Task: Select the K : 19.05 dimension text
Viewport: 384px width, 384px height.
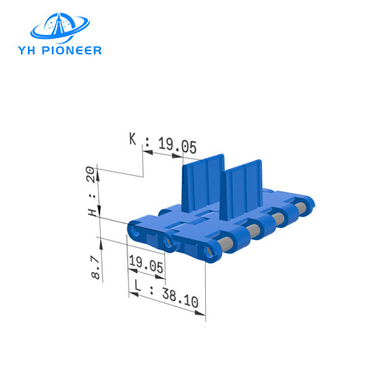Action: coord(163,143)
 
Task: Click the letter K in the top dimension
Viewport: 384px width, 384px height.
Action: coord(133,141)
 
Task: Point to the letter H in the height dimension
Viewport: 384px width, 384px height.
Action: coord(93,211)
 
